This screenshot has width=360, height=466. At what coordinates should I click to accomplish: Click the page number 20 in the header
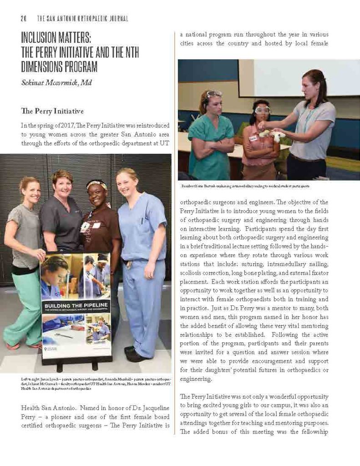24,19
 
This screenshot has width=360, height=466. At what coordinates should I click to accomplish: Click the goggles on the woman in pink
262,110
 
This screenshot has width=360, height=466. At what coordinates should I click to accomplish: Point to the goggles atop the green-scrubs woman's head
214,93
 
